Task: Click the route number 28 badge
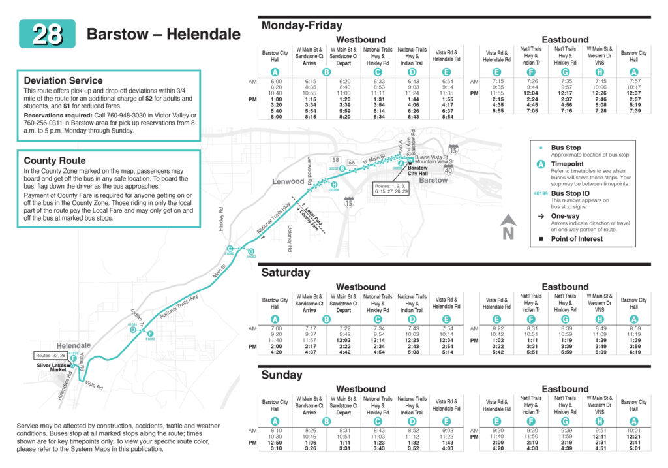pyautogui.click(x=47, y=34)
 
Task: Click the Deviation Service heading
pyautogui.click(x=63, y=80)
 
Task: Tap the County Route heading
pyautogui.click(x=55, y=160)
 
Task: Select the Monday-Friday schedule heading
pyautogui.click(x=301, y=25)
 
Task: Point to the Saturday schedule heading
pyautogui.click(x=286, y=272)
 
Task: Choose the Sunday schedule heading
pyautogui.click(x=282, y=375)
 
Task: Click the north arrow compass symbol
pyautogui.click(x=508, y=229)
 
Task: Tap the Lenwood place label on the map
pyautogui.click(x=288, y=181)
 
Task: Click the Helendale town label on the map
pyautogui.click(x=74, y=345)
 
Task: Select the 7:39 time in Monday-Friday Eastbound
pyautogui.click(x=633, y=111)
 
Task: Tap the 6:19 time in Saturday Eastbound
pyautogui.click(x=633, y=352)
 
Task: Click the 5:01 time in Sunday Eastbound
pyautogui.click(x=633, y=448)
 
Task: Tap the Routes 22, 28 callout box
pyautogui.click(x=51, y=356)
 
